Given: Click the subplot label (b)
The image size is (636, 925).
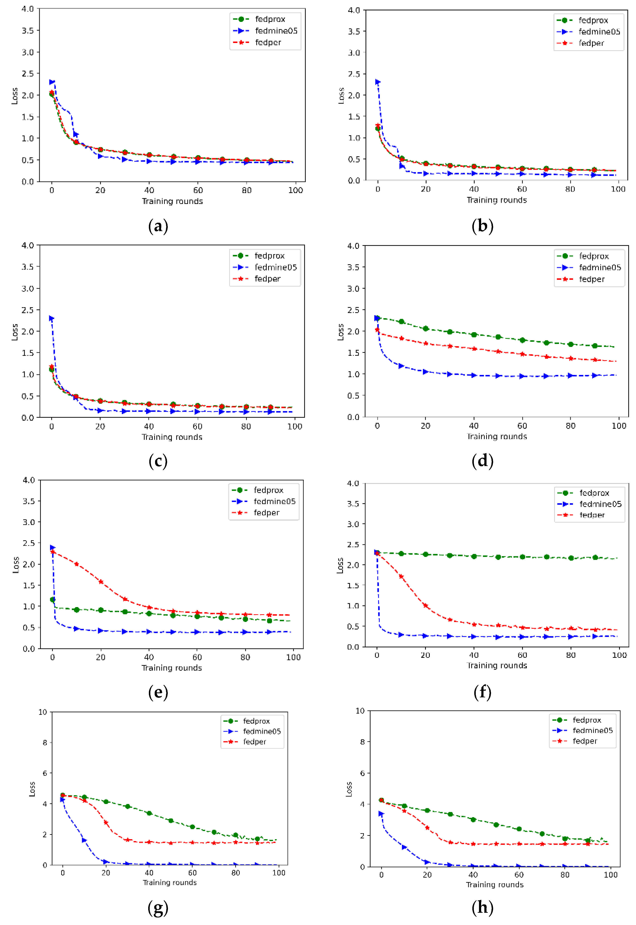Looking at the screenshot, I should click(482, 226).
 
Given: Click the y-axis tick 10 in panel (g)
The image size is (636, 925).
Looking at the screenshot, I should click(43, 712).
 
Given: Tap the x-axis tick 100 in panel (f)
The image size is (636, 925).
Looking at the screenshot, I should click(619, 655).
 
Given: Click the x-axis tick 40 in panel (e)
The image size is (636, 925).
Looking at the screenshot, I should click(149, 657).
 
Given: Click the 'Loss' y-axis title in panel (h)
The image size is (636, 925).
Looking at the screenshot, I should click(349, 789).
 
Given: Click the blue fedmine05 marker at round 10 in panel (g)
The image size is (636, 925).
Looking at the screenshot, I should click(84, 840).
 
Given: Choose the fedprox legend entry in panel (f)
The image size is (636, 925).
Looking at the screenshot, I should click(594, 493).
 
